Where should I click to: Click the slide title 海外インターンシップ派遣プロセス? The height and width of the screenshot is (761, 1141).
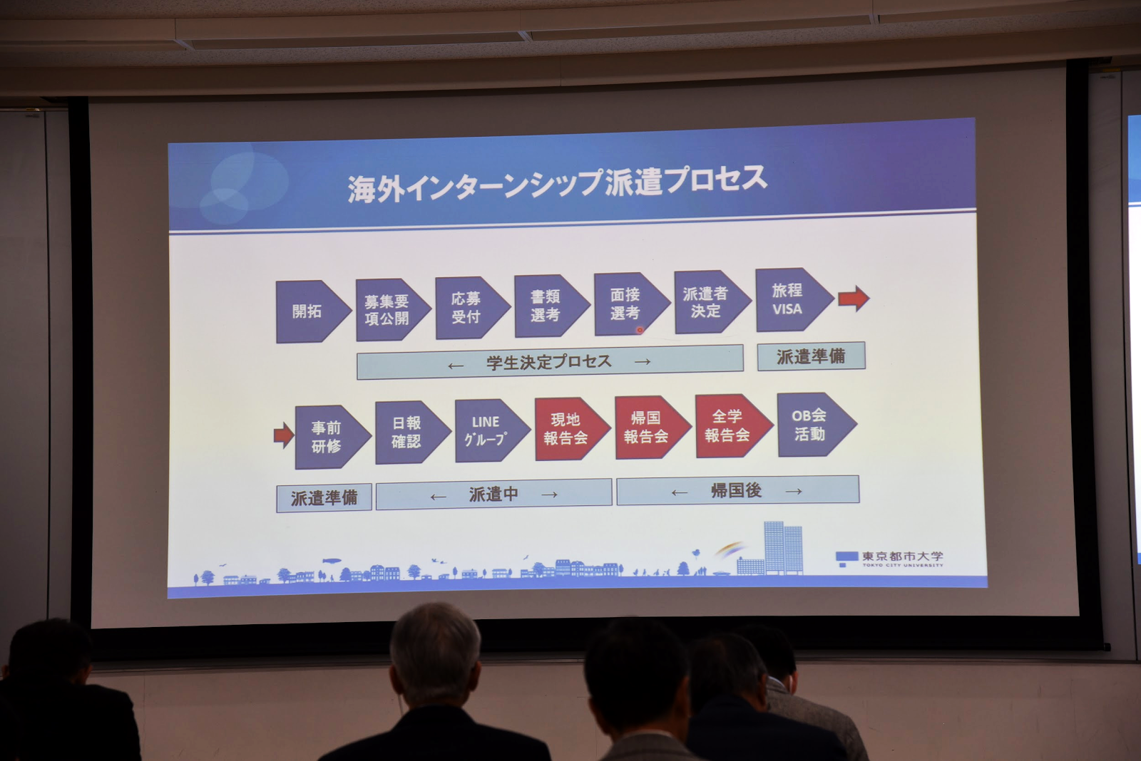(557, 184)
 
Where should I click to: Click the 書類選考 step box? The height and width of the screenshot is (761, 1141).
(552, 306)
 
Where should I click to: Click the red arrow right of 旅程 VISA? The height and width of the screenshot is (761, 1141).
(854, 299)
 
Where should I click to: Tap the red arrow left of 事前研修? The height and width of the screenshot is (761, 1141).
(284, 436)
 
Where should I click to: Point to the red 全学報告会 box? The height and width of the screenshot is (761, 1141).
(734, 425)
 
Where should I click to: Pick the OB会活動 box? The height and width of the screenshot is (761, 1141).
(817, 424)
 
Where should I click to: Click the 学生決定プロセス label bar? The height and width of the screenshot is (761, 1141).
(550, 362)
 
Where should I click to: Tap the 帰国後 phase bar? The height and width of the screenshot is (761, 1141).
(737, 490)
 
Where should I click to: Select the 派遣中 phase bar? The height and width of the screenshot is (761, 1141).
(493, 494)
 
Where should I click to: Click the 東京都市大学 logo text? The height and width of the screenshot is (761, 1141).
(902, 556)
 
